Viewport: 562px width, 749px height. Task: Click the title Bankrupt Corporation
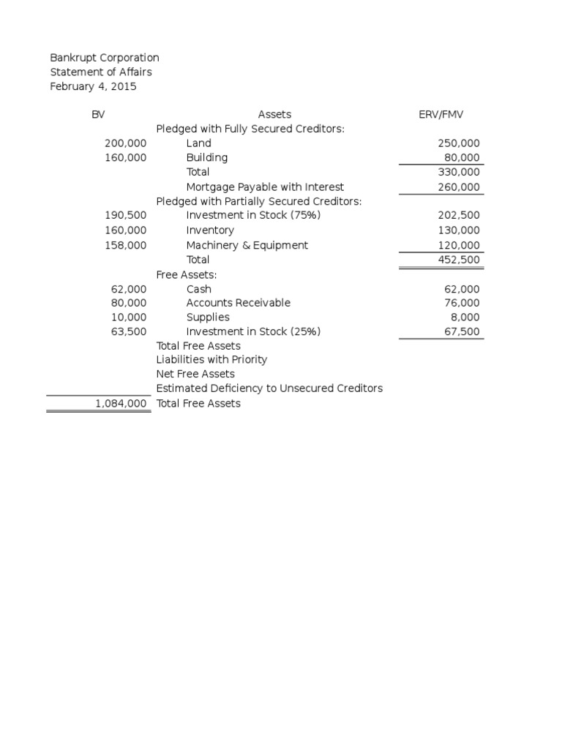pos(104,58)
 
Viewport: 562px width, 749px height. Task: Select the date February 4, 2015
pos(93,86)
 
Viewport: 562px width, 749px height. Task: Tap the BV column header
pos(97,114)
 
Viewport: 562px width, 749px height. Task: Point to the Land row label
pos(198,143)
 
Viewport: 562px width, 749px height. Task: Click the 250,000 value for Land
pos(459,143)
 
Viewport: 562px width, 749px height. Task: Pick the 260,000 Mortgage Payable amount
pos(459,187)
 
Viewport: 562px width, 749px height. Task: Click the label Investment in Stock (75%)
pos(253,216)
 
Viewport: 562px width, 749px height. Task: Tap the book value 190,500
pos(126,216)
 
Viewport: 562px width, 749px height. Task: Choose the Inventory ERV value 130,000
pos(459,230)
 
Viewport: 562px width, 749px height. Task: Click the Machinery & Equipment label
pos(247,245)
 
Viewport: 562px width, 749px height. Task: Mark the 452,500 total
pos(459,260)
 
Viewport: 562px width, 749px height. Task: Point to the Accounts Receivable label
pos(238,303)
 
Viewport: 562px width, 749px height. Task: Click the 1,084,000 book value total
pos(121,404)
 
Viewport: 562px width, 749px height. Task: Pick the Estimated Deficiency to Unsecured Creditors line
pos(269,388)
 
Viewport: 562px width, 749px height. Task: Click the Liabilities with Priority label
pos(211,360)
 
